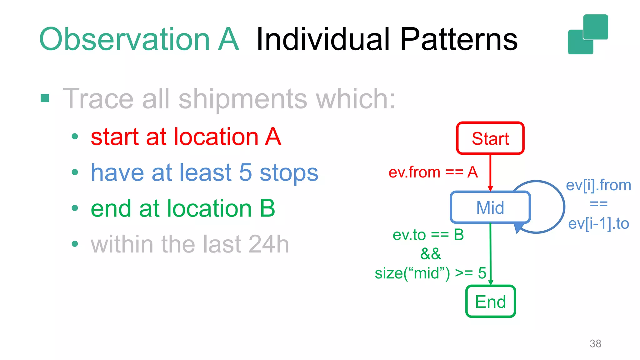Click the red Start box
[x=490, y=138]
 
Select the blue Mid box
[x=490, y=207]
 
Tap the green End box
[x=490, y=302]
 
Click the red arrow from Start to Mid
[x=490, y=172]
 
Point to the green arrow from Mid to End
[x=490, y=253]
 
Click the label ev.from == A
[x=433, y=172]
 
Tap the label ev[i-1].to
[x=598, y=224]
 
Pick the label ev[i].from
[x=598, y=185]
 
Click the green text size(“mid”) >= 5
[x=430, y=273]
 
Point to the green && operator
[x=431, y=254]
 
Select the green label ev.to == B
[x=428, y=235]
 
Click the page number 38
[x=595, y=343]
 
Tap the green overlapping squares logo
[x=588, y=34]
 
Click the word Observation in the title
[x=124, y=39]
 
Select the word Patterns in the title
[x=458, y=39]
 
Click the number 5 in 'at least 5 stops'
[x=245, y=172]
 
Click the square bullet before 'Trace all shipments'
[x=45, y=98]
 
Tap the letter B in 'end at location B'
[x=267, y=208]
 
